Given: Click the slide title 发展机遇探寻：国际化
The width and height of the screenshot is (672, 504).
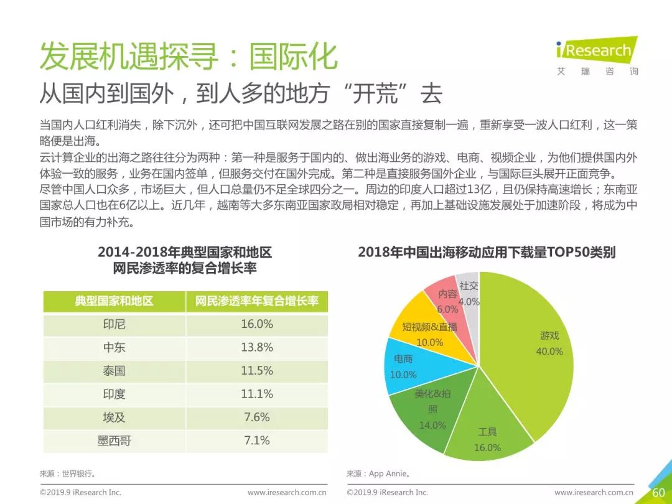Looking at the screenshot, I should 188,57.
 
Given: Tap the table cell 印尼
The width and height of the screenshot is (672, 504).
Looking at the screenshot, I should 114,324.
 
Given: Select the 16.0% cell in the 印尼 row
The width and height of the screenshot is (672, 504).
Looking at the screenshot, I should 257,324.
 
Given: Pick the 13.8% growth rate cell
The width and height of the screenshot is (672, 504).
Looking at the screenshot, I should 257,347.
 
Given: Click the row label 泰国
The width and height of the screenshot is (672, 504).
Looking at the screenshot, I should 114,371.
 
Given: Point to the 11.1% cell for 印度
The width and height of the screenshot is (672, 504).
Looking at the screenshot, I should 257,394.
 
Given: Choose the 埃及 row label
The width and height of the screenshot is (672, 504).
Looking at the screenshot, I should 114,418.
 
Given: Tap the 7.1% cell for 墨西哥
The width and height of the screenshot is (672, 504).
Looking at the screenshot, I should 257,441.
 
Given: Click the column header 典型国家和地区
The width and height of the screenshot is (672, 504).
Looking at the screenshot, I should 114,301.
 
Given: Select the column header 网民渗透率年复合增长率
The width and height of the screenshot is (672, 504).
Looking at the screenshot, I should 257,301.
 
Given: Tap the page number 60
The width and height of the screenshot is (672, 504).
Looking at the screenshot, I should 658,492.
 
